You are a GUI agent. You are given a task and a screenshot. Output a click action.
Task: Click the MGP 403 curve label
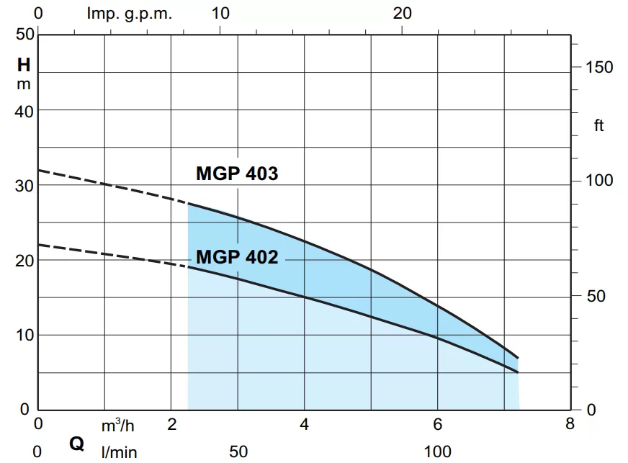tap(237, 174)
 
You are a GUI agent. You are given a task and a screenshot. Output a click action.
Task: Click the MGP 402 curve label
tap(237, 257)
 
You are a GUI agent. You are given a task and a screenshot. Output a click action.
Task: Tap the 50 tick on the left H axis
tap(25, 35)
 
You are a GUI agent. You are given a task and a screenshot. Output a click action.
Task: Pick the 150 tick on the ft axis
tap(598, 67)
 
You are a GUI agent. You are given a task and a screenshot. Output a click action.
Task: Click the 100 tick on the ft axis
tap(598, 180)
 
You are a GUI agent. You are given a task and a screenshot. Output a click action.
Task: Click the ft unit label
tap(598, 127)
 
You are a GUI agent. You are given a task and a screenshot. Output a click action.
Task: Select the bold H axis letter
tap(24, 65)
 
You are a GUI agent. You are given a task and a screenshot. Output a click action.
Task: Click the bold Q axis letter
tap(76, 444)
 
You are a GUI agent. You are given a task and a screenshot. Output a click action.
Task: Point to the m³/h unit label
tap(117, 425)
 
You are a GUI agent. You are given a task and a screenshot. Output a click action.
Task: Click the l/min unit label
tap(118, 452)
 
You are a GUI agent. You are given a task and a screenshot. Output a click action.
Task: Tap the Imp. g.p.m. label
tap(130, 14)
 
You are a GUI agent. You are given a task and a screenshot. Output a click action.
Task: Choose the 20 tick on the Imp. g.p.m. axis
tap(403, 14)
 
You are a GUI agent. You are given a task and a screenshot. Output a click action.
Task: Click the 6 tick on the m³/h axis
tap(436, 424)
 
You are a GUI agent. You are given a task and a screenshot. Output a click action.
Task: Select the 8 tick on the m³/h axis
tap(570, 424)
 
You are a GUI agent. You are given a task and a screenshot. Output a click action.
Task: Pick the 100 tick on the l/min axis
tap(437, 452)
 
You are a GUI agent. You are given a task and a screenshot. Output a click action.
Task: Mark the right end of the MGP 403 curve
tap(518, 358)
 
